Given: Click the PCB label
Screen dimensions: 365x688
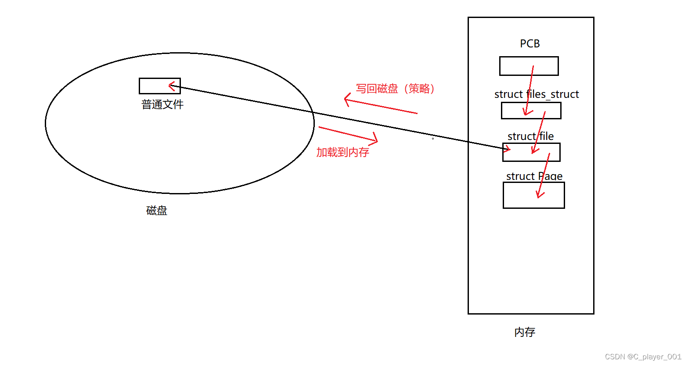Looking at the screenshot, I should point(530,44).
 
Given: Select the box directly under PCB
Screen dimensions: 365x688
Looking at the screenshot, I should point(529,66).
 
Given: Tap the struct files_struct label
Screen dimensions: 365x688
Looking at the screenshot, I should point(536,94).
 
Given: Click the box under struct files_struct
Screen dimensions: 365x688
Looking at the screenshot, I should point(531,111).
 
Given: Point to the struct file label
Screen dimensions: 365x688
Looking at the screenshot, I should point(530,136).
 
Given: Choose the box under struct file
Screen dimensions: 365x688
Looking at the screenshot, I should point(531,152).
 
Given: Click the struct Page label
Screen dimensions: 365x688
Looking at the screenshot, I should point(534,176).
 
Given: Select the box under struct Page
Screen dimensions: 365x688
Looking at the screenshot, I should point(533,195).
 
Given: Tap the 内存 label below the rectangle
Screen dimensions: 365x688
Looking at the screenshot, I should point(525,332).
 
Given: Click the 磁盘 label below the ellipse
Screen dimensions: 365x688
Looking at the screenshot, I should point(157,211).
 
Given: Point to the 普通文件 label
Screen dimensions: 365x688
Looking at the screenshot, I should point(162,104).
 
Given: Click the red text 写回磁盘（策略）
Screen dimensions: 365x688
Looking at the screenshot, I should point(395,89).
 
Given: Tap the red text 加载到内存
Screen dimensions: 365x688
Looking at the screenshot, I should point(342,152).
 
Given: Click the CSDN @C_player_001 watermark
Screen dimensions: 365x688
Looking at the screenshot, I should point(643,357).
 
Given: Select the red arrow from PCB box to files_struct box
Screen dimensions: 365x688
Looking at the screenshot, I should point(529,90).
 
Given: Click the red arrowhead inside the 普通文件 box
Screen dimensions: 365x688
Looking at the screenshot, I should point(173,86).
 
